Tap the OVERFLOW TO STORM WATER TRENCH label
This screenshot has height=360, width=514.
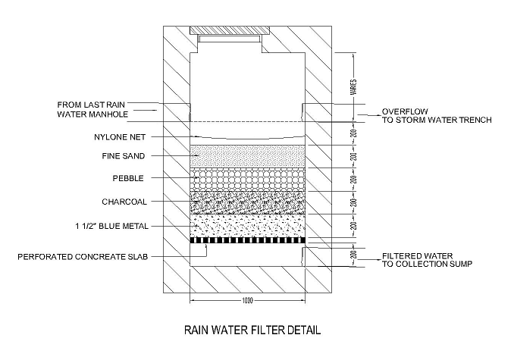tap(437, 114)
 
